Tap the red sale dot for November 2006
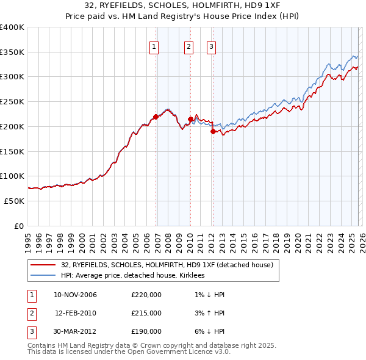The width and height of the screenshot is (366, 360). (156, 117)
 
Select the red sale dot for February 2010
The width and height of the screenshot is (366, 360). (190, 119)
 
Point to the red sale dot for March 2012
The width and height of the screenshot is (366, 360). (213, 131)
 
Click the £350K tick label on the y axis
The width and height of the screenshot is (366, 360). (12, 52)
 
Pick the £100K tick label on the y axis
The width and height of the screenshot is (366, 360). (12, 176)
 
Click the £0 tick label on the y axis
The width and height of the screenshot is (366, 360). (18, 226)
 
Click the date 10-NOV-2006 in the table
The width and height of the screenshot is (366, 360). (75, 295)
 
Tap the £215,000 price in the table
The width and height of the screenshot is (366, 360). (146, 313)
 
